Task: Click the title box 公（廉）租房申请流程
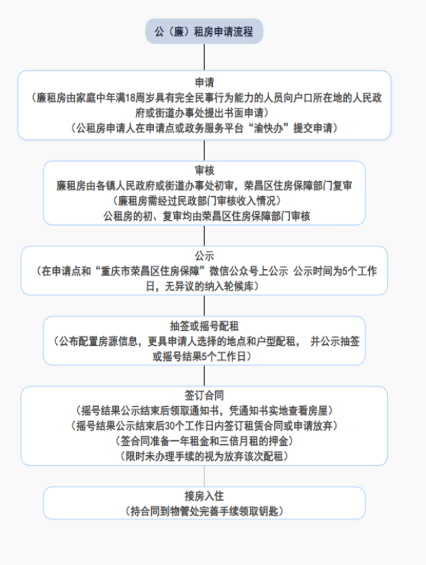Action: pos(204,32)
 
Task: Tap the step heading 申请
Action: pos(204,83)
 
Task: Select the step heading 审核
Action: pos(204,170)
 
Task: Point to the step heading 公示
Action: pos(204,256)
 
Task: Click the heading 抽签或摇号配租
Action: pos(204,326)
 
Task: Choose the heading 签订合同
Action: pos(204,395)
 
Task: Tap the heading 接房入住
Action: pos(204,496)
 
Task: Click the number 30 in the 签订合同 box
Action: pos(171,426)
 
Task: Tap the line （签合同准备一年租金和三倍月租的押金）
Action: pos(204,441)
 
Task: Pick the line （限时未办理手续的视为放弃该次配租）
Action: pos(204,456)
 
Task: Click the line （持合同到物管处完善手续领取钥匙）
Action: pos(204,511)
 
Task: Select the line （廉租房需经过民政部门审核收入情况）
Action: pos(197,201)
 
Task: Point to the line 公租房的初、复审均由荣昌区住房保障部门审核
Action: pos(207,216)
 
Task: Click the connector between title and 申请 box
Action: pos(204,58)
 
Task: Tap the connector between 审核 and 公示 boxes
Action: pos(204,236)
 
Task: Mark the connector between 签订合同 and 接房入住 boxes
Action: pos(204,476)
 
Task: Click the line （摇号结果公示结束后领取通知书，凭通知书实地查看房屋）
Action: pos(204,410)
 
